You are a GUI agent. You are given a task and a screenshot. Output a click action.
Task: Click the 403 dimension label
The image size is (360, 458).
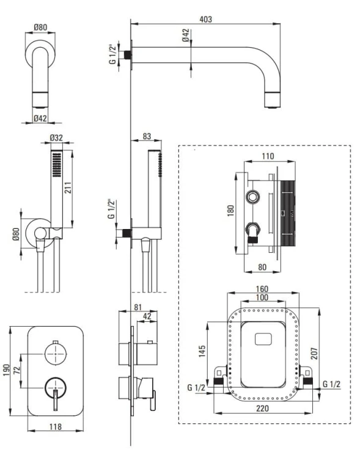[205, 20]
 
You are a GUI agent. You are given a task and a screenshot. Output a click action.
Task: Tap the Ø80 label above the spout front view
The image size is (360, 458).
[40, 27]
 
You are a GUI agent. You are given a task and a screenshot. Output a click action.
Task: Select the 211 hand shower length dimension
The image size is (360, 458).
[68, 187]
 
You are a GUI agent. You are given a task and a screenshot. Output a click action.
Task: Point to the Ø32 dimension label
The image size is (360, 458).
[56, 137]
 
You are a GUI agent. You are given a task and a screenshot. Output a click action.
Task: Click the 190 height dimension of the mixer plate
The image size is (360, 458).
[7, 370]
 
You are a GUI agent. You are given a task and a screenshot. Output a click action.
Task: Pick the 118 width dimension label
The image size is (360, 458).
[55, 427]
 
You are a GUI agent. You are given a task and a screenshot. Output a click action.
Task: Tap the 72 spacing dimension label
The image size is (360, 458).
[17, 371]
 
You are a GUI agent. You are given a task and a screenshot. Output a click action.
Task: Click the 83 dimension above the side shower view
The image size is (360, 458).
[147, 136]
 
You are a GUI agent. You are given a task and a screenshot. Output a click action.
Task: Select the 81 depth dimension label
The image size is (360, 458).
[138, 307]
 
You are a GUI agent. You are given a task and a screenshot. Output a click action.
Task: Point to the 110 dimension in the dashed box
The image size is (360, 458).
[268, 156]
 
